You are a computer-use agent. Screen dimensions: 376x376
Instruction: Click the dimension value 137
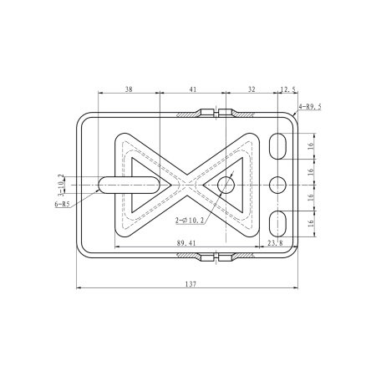pos(191,284)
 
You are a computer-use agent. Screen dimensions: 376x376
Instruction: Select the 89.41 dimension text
pos(186,243)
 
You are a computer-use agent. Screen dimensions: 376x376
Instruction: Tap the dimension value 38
pos(129,89)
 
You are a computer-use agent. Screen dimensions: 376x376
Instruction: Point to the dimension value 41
pos(193,89)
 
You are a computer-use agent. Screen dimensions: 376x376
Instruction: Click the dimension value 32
pos(252,89)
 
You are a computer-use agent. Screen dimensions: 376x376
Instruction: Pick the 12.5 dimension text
pos(288,89)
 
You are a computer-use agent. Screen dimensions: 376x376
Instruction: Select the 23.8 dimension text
pos(275,243)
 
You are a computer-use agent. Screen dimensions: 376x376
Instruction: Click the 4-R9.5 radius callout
pos(310,107)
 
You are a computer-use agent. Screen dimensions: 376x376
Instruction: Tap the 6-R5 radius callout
pos(62,204)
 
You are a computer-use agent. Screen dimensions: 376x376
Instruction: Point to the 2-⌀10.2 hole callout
pos(190,221)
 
